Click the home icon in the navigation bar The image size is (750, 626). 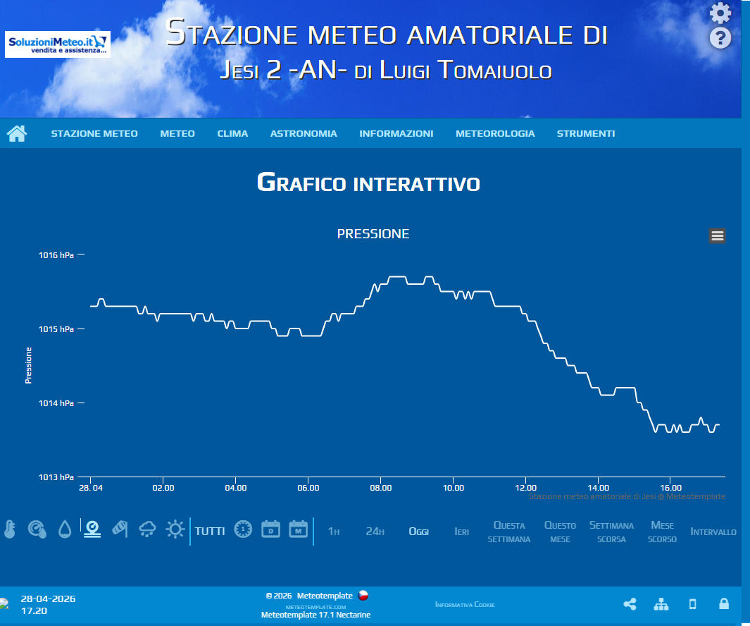(17, 133)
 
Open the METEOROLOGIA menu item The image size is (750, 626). (495, 133)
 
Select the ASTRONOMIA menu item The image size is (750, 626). (304, 133)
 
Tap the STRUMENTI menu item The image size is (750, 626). (586, 133)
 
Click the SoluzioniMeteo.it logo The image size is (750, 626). (58, 44)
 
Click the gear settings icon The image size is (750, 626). (720, 13)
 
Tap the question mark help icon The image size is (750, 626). (720, 37)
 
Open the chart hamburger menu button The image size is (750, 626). (717, 236)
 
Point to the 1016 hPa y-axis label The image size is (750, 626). (56, 255)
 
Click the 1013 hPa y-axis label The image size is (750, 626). (56, 477)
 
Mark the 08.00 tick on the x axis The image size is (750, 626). (381, 487)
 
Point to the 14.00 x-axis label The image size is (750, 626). (599, 487)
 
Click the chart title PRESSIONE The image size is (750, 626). (373, 234)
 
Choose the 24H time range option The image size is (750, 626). (375, 532)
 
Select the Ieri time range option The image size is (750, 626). (461, 532)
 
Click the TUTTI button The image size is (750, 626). (210, 531)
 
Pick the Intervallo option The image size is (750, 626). (713, 532)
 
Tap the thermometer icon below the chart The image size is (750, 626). (9, 529)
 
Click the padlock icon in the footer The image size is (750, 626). (723, 604)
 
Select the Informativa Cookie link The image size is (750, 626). (465, 605)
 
